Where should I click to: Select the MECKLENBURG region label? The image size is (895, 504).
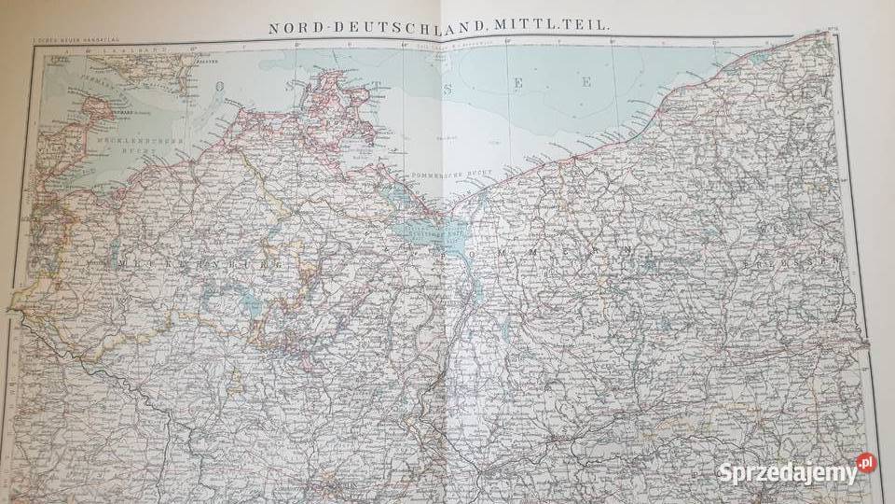click(x=199, y=264)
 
